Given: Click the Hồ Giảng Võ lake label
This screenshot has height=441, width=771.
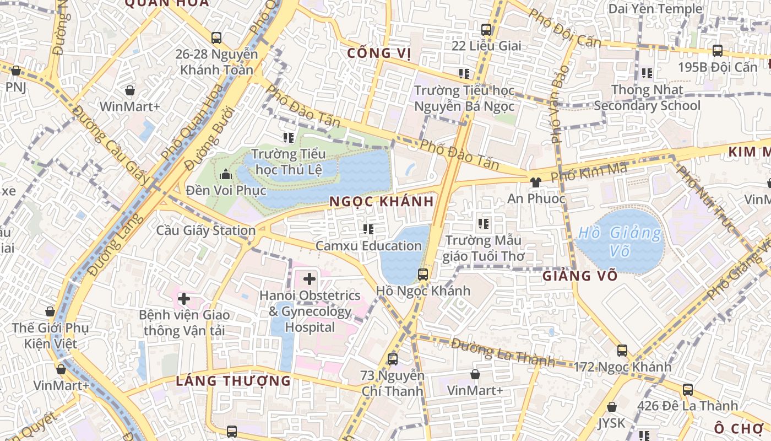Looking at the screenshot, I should (619, 241).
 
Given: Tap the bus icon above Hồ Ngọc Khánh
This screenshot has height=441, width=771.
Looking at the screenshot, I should (422, 274).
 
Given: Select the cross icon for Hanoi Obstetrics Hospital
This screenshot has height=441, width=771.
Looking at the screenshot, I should (310, 279).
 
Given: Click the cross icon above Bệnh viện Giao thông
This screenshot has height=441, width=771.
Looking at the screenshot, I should (184, 299).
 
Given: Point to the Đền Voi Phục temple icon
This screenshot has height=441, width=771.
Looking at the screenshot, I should (225, 175).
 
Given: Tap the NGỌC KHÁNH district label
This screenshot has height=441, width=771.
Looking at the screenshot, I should (382, 202).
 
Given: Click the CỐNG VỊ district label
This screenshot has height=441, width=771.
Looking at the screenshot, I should (379, 53).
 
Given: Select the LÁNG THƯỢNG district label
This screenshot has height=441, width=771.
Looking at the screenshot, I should (234, 381).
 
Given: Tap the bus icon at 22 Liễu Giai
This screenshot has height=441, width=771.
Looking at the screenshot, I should (486, 30).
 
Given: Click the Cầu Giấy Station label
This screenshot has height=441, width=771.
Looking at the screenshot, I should (206, 230).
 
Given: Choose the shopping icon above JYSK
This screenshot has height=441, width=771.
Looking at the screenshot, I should (611, 407).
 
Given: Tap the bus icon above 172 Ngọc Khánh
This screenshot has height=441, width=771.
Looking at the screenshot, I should (622, 350).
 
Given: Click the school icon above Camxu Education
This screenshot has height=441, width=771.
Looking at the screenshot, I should (368, 229).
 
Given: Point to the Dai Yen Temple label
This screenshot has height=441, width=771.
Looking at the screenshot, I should (655, 9).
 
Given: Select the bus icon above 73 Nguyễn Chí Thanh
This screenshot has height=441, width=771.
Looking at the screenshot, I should (392, 359).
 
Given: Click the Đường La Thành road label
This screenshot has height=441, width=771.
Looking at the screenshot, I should (503, 353).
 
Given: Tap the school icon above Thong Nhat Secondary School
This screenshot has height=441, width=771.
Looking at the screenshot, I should (647, 73).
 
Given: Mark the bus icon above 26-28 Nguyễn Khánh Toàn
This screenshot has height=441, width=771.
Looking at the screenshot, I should (216, 38).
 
